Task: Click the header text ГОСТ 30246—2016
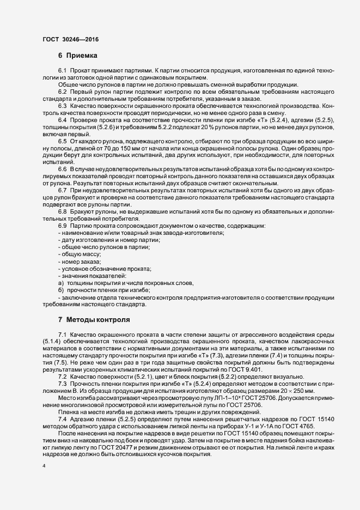click(71, 39)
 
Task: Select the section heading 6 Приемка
click(77, 56)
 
